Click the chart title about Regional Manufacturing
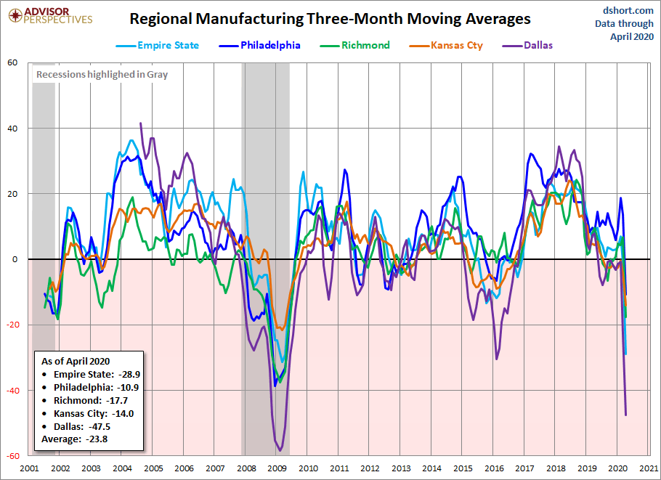tap(330, 19)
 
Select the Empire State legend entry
tap(158, 45)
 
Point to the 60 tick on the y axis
tap(12, 62)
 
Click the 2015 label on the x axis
tap(463, 468)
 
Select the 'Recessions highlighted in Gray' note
tap(102, 74)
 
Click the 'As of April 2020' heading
tap(76, 361)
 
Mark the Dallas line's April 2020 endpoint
tap(625, 415)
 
